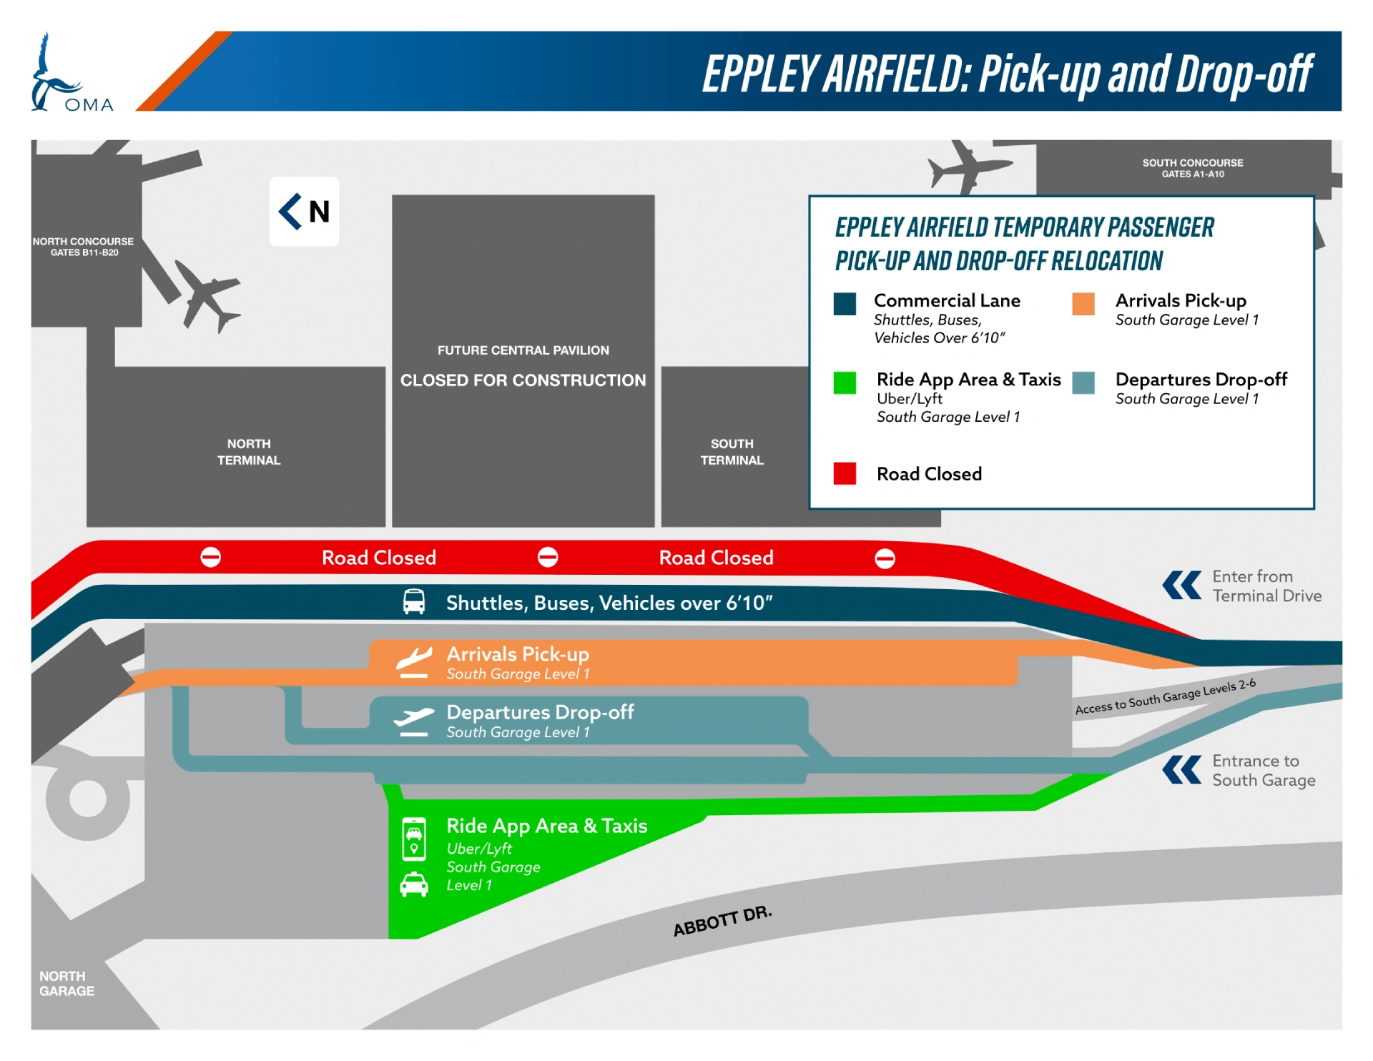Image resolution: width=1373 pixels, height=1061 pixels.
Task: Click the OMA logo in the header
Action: tap(72, 72)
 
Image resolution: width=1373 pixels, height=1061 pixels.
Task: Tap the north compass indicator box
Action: tap(304, 212)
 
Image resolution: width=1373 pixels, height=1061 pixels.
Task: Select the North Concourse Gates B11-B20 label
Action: tap(83, 247)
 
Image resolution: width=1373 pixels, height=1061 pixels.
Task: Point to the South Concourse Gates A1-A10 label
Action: tap(1192, 168)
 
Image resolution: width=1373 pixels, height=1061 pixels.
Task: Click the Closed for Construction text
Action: tap(523, 380)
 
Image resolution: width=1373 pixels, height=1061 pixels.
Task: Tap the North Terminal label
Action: tap(249, 452)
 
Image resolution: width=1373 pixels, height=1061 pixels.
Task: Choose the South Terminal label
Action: tap(732, 452)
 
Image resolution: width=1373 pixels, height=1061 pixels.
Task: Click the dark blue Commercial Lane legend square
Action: tap(845, 304)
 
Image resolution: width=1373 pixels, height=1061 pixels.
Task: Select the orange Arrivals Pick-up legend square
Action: tap(1083, 304)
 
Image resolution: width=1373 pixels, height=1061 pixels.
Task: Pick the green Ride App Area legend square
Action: tap(845, 383)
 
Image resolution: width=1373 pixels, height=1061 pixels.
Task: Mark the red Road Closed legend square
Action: tap(845, 473)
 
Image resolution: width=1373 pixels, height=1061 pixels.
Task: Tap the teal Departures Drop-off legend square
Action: tap(1083, 383)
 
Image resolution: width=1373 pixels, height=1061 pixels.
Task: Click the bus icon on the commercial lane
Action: tap(414, 602)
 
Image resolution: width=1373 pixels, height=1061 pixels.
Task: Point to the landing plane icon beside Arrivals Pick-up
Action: tap(415, 662)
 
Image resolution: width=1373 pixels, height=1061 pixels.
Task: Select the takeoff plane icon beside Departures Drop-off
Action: tap(414, 721)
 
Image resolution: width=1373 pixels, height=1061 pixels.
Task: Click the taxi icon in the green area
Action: tap(414, 885)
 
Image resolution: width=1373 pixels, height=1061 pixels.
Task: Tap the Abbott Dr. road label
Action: tap(723, 922)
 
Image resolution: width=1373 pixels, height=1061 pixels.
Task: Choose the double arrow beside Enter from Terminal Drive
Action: tap(1182, 586)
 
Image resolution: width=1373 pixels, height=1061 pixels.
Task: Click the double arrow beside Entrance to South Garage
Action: tap(1182, 770)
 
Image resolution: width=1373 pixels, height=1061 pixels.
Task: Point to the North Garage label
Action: tap(67, 984)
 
